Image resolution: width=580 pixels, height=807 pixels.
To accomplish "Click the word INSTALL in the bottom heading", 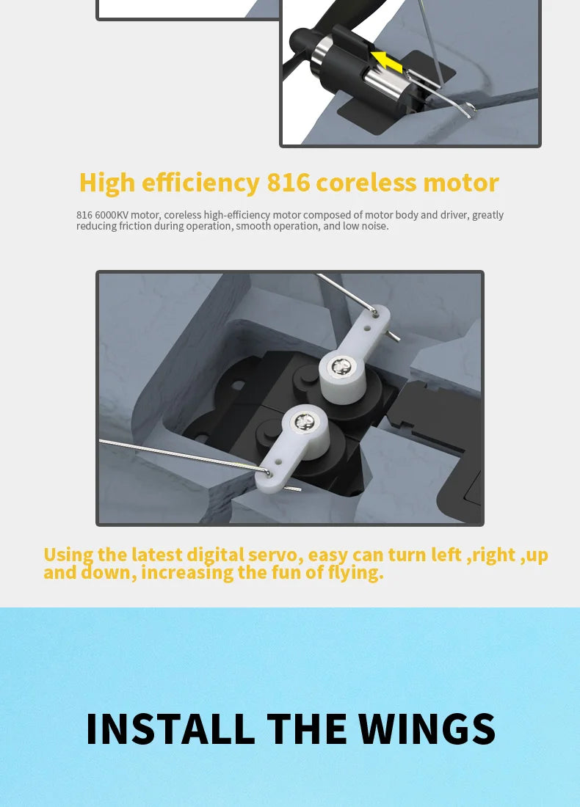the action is coord(170,729).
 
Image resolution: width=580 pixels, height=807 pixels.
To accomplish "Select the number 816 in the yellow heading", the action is coord(289,183).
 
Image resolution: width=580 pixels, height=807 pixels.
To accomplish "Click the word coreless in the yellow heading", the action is coord(366,183).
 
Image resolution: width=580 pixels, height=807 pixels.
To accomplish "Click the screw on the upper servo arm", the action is coord(340,366).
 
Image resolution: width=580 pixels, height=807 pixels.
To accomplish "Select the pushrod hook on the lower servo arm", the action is coord(267,471).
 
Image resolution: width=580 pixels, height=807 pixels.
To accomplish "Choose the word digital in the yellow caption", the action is coord(215,555).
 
